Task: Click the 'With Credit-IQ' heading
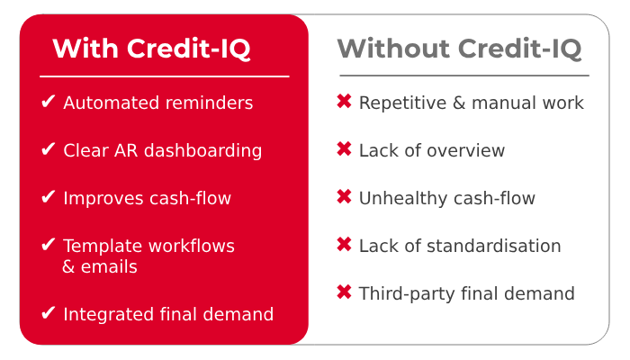point(151,49)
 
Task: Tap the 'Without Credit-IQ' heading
point(459,48)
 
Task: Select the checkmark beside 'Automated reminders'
point(49,103)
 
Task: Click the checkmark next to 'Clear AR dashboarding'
point(49,150)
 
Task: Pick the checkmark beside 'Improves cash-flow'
point(49,198)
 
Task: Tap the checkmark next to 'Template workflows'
point(49,246)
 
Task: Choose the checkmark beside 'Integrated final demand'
point(49,314)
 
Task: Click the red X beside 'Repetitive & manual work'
point(344,103)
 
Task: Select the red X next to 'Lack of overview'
point(344,150)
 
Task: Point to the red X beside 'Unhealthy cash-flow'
point(344,198)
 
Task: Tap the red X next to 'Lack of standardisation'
point(344,246)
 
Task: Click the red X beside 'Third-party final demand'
point(344,292)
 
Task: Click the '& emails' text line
point(100,267)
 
